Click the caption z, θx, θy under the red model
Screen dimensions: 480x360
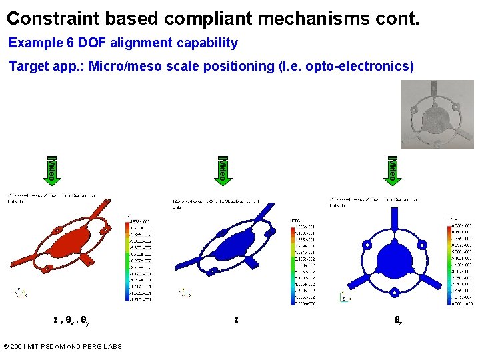(71, 321)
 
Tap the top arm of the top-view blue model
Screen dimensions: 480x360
(395, 214)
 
